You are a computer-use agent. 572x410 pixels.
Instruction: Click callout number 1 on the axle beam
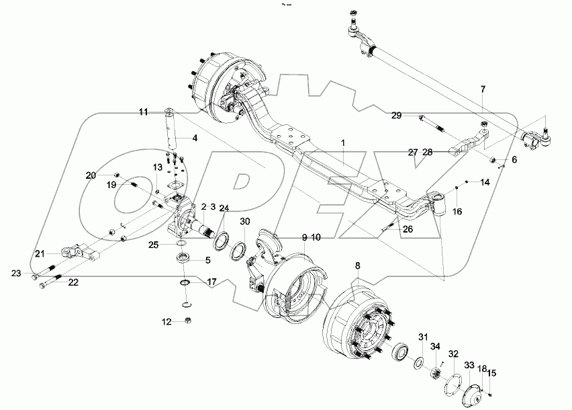(342, 143)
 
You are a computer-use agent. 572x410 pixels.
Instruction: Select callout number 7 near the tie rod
(482, 89)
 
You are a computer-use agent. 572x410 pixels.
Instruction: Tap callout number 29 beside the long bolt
(397, 116)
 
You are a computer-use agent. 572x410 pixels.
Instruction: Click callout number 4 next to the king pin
(194, 139)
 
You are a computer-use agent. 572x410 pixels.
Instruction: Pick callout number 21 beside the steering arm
(40, 253)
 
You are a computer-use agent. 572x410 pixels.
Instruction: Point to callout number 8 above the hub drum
(357, 266)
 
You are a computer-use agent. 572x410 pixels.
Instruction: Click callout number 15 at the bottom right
(492, 373)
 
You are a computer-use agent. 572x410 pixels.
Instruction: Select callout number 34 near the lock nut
(435, 347)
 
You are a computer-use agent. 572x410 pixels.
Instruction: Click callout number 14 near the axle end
(485, 183)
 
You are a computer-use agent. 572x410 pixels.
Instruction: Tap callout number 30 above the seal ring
(245, 222)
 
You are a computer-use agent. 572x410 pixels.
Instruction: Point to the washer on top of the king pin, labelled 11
(168, 110)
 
